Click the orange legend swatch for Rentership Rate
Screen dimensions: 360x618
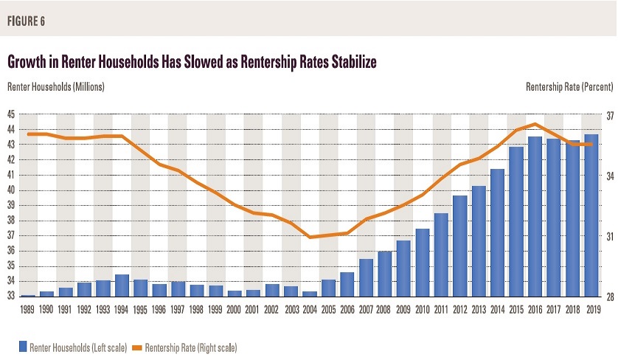tap(141, 345)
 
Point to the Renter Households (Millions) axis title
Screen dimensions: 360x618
tap(56, 87)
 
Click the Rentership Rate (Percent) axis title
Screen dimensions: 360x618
tap(568, 87)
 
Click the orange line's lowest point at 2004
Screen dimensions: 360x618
tap(310, 237)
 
